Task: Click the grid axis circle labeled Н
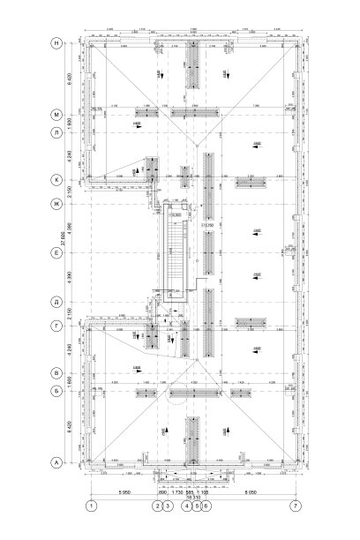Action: (56, 42)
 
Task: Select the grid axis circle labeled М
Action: (56, 116)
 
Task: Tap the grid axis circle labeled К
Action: (56, 180)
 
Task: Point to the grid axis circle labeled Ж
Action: (56, 205)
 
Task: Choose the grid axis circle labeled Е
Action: (56, 252)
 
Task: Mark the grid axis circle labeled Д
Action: (56, 301)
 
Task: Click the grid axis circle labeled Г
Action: (56, 325)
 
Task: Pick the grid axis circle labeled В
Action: (56, 373)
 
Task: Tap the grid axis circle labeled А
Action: (56, 461)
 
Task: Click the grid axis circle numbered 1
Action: (90, 506)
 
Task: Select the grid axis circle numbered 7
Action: (296, 506)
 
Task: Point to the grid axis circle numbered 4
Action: (186, 506)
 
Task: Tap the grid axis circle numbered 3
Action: (166, 506)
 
